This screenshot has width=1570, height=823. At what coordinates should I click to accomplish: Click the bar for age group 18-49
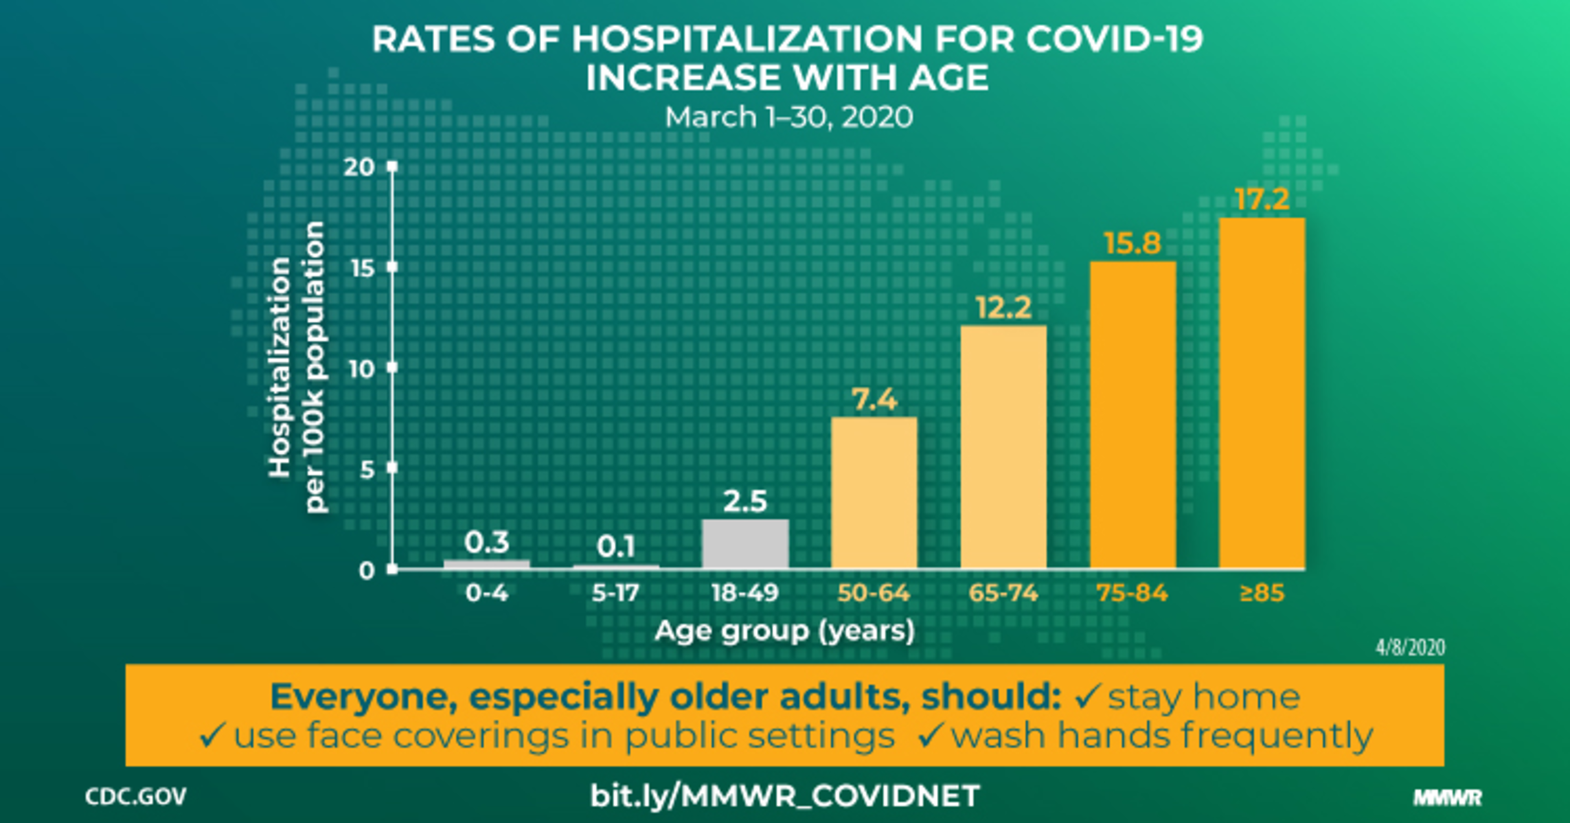[x=745, y=543]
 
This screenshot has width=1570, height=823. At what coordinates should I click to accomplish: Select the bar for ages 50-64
[x=874, y=493]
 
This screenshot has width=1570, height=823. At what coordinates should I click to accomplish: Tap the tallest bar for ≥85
[x=1262, y=393]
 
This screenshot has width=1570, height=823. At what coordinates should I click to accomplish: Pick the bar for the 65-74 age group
[x=1003, y=447]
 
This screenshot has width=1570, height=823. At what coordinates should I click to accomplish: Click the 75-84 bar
[x=1133, y=415]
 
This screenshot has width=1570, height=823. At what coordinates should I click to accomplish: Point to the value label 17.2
[x=1262, y=199]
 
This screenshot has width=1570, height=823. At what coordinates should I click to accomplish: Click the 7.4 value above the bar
[x=874, y=399]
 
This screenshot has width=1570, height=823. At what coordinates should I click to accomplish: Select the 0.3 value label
[x=487, y=542]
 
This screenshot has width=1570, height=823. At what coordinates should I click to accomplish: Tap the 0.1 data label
[x=616, y=547]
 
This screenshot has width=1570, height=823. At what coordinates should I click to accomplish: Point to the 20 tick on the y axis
[x=359, y=167]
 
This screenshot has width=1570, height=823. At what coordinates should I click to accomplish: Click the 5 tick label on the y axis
[x=367, y=470]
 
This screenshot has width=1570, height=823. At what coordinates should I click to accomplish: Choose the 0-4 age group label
[x=487, y=593]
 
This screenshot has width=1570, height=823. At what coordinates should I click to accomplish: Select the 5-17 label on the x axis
[x=616, y=593]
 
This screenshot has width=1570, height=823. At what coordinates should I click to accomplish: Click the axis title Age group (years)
[x=784, y=631]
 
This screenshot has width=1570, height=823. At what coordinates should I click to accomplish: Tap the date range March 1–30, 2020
[x=788, y=117]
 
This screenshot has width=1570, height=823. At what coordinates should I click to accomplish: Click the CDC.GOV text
[x=136, y=797]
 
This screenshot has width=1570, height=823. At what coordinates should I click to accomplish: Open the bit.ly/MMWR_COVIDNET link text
[x=784, y=796]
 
